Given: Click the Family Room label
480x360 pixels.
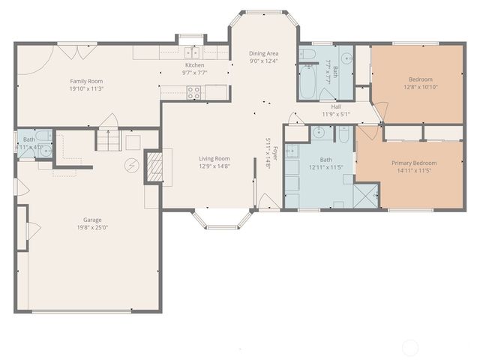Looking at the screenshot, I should pos(86,81).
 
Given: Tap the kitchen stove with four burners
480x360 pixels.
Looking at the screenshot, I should pos(193,93).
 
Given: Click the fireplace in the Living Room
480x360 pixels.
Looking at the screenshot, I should pos(154,166).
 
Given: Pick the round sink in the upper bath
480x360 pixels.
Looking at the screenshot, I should pos(347,57).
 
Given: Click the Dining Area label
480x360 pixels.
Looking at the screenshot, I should pos(263,53).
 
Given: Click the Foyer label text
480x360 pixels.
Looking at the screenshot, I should pos(274,153).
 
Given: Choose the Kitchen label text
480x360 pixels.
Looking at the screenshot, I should pos(195,65).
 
